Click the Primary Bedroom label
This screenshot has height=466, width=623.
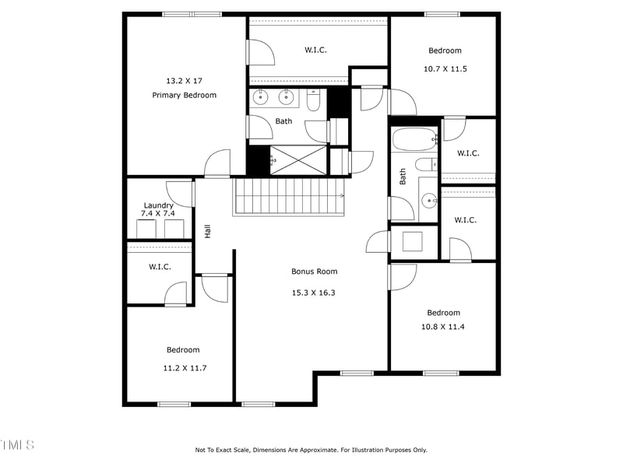point(184,95)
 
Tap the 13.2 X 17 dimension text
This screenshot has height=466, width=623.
point(184,80)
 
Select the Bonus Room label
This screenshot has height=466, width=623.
point(315,272)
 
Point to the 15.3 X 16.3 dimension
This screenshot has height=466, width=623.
point(315,293)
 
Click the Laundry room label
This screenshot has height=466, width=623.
point(158,205)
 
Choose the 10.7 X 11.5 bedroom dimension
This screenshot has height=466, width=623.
point(445,68)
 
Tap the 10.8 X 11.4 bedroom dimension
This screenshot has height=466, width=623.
point(443,327)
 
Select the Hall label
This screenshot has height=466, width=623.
point(208,231)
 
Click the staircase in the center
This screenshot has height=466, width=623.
point(289,196)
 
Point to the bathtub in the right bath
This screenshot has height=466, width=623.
point(414,141)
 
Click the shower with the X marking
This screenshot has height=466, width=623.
point(298,160)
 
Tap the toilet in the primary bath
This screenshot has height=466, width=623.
point(313,100)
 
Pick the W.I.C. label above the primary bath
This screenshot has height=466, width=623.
point(315,50)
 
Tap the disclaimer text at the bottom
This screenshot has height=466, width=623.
point(311,450)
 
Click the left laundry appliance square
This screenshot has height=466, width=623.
point(146,229)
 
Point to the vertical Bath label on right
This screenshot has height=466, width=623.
point(403,177)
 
